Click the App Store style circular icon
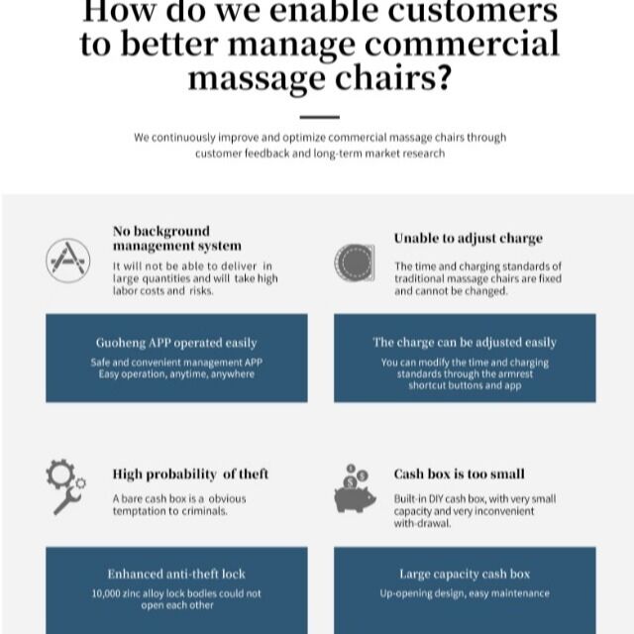68,261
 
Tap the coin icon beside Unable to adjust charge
355,262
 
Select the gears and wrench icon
66,486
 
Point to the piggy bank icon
355,488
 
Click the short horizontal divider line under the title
319,117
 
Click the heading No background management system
177,238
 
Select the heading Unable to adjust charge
469,238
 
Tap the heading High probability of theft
190,474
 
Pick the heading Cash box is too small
460,474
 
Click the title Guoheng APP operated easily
176,343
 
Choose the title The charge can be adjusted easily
465,343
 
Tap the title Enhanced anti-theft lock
176,574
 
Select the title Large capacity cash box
465,574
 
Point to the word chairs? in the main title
392,77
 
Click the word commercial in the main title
462,44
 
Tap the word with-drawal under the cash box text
423,524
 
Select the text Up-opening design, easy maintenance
465,593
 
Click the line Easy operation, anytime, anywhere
176,374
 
